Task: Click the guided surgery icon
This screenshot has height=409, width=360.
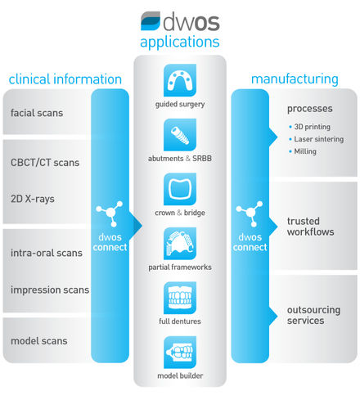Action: [x=180, y=80]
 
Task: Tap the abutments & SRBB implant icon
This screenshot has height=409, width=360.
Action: [x=180, y=135]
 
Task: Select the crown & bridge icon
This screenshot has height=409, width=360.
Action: [x=180, y=189]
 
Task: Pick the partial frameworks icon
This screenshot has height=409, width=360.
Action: [x=180, y=244]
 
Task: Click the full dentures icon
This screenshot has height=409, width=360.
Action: [x=180, y=298]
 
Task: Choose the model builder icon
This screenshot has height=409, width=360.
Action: [x=180, y=353]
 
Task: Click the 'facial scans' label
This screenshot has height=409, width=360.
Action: [x=37, y=113]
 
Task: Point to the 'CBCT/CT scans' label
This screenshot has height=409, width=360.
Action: [x=45, y=163]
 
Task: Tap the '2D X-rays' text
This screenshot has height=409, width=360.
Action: [x=33, y=199]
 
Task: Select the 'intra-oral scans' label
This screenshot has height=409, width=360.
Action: [x=47, y=253]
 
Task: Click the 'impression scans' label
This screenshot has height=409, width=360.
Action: [x=50, y=290]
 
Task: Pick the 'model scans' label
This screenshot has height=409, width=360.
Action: [x=39, y=341]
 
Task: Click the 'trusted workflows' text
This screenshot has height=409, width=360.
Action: [x=310, y=227]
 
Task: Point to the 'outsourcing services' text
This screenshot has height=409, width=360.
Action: [x=313, y=315]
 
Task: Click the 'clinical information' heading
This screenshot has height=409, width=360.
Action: [x=65, y=79]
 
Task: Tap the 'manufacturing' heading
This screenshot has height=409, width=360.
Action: [x=295, y=79]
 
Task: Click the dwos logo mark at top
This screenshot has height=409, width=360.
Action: [x=151, y=20]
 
